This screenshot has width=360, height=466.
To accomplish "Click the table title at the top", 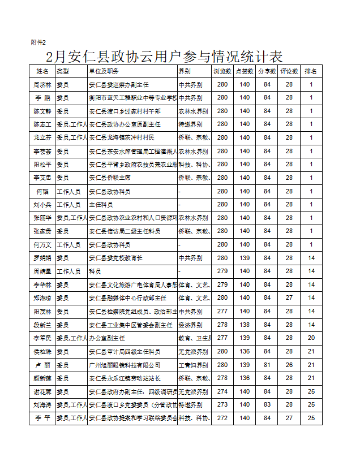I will pyautogui.click(x=164, y=57).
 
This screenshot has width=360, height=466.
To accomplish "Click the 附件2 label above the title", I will pyautogui.click(x=38, y=42).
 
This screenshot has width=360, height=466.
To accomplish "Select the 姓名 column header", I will pyautogui.click(x=42, y=71).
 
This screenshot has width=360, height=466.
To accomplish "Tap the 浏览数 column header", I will pyautogui.click(x=222, y=71).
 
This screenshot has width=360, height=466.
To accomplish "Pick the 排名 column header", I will pyautogui.click(x=311, y=71).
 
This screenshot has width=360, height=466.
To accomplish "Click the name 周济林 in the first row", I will pyautogui.click(x=42, y=85).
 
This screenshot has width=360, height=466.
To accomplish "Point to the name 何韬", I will pyautogui.click(x=42, y=192).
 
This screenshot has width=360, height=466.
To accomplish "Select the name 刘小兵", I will pyautogui.click(x=42, y=205).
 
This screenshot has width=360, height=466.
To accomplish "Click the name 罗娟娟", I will pyautogui.click(x=42, y=258).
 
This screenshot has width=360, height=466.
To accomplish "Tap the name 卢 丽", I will pyautogui.click(x=42, y=365).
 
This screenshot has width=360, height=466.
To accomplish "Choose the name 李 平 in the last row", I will pyautogui.click(x=42, y=418).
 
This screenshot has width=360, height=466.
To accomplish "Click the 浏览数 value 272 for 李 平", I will pyautogui.click(x=222, y=418).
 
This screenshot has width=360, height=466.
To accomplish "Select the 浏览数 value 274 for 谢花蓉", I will pyautogui.click(x=222, y=392).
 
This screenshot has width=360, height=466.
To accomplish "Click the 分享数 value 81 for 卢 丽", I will pyautogui.click(x=267, y=365).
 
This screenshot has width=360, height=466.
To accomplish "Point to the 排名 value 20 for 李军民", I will pyautogui.click(x=311, y=338).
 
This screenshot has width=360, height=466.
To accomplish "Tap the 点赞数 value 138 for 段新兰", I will pyautogui.click(x=245, y=325).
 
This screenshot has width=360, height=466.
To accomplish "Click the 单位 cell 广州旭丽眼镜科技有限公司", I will pyautogui.click(x=125, y=365).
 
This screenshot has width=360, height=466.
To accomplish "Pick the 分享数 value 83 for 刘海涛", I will pyautogui.click(x=267, y=405).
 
